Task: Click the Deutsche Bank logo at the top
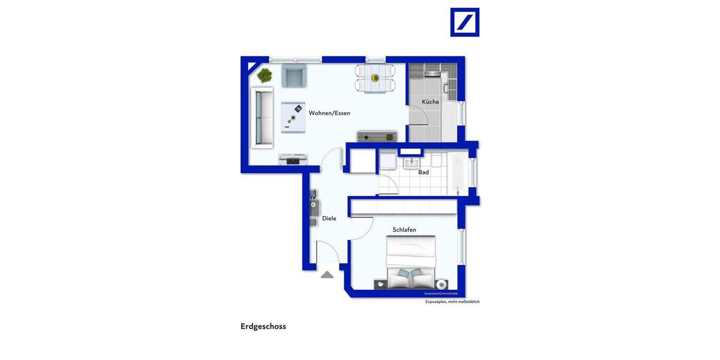tap(464, 22)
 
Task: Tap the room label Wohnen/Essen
tap(329, 113)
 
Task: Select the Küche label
tap(430, 102)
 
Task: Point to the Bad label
tap(424, 172)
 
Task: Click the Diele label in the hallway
tap(329, 218)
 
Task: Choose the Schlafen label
tap(404, 230)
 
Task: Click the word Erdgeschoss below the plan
tap(263, 326)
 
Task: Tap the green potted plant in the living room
tap(265, 75)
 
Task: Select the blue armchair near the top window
tap(293, 76)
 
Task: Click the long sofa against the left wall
tap(262, 116)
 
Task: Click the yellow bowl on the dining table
tap(375, 77)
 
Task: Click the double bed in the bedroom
tap(410, 262)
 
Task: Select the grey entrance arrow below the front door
tap(326, 275)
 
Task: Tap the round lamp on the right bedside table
tap(442, 284)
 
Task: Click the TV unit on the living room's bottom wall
tap(293, 159)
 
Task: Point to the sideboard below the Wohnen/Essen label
tap(377, 136)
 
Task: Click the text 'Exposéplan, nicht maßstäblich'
tap(452, 302)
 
